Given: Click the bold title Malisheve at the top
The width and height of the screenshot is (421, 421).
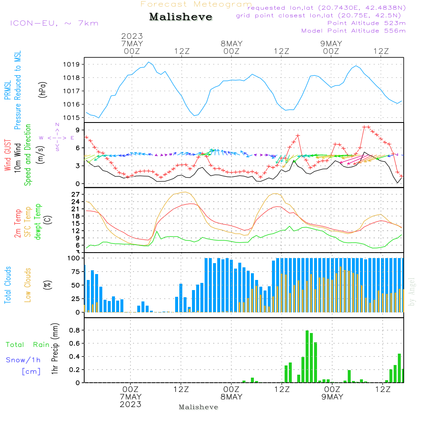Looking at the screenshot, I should (x=181, y=17).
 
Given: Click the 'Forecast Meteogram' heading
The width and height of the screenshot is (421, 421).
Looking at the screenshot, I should (x=196, y=4).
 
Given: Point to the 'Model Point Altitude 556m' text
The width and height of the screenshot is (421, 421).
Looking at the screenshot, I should (x=354, y=31).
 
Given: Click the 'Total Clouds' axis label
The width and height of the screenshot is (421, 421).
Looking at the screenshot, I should (x=8, y=285).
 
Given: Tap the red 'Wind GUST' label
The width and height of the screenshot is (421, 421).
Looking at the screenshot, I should (x=8, y=156).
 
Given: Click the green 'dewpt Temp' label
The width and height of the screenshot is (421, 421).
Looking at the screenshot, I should (x=38, y=222).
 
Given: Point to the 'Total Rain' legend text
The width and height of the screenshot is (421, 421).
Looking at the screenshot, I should (x=27, y=345).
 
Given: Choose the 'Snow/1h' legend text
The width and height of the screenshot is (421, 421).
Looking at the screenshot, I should (x=23, y=360).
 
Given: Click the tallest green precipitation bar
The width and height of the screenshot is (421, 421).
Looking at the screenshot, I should (x=307, y=356).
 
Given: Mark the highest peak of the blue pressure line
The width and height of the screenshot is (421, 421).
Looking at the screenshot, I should (x=149, y=62).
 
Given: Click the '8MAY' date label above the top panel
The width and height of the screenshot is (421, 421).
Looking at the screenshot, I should (x=232, y=43).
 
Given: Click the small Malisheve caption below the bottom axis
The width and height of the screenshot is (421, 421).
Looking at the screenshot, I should (x=198, y=407).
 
